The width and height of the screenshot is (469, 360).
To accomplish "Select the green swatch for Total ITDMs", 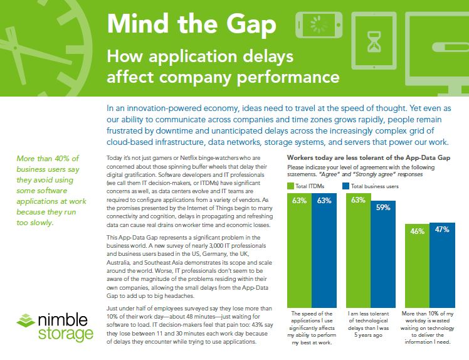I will coord(290,186).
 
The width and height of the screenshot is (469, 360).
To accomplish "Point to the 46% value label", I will coord(417,231).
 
